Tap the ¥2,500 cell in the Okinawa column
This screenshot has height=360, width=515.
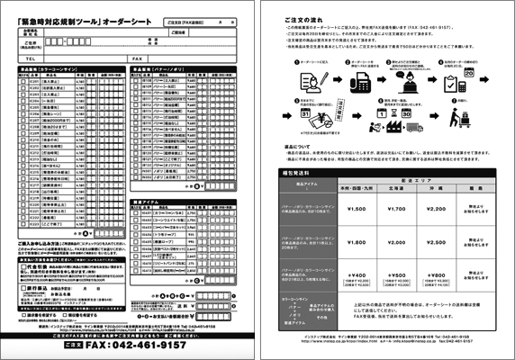pyautogui.click(x=435, y=242)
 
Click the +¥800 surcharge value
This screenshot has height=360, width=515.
pyautogui.click(x=435, y=275)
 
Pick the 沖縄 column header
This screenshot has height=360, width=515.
pyautogui.click(x=435, y=190)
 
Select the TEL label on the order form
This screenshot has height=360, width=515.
pyautogui.click(x=31, y=58)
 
